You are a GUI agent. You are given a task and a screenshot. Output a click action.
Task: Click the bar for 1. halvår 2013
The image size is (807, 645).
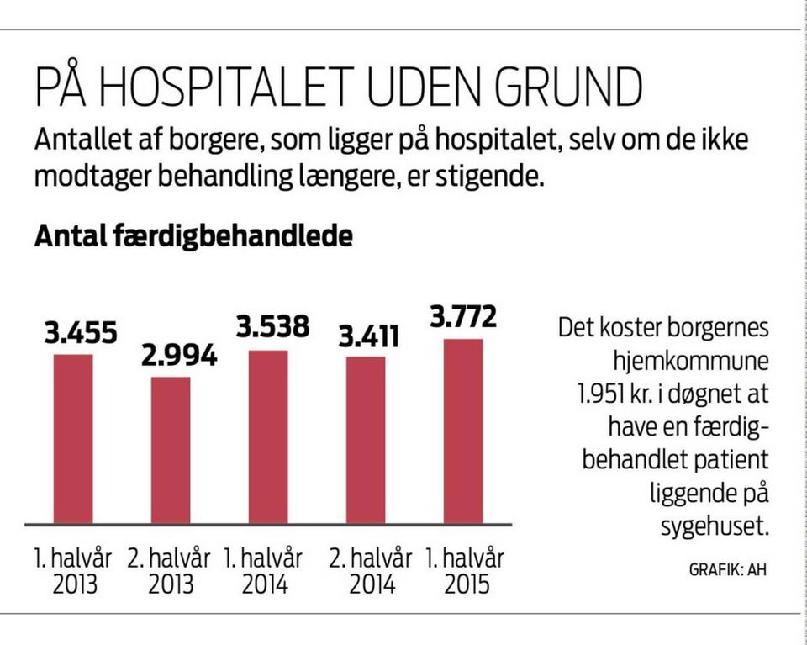point(73,438)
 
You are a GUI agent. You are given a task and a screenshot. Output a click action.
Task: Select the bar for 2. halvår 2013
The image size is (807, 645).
point(171,450)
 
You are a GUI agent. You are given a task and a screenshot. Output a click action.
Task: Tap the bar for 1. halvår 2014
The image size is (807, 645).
point(268,436)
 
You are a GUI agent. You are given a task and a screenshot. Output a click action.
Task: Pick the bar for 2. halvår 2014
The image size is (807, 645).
point(366,440)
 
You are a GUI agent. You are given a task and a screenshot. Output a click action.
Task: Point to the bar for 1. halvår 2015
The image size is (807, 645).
point(463,431)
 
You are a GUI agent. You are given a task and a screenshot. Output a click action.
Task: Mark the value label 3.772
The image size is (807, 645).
point(463,318)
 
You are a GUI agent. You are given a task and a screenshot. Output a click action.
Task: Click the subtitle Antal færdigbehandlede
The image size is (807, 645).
point(193,237)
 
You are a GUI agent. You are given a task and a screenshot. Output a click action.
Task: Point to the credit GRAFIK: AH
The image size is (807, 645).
point(728,569)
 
